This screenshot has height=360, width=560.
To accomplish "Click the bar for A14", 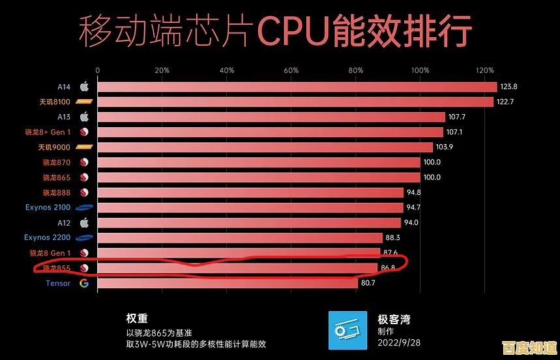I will click(297, 87).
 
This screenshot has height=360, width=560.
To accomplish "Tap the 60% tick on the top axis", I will click(291, 70).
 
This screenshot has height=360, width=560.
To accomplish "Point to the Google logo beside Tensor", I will click(83, 283).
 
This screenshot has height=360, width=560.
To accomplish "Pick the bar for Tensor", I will click(228, 283).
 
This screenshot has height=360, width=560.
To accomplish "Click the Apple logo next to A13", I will click(83, 117).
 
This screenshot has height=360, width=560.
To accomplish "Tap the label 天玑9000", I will click(53, 147).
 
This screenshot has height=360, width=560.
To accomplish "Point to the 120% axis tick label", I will click(484, 70).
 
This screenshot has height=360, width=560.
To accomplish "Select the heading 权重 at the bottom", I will click(137, 319).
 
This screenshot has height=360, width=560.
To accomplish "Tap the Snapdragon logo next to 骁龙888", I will click(83, 192).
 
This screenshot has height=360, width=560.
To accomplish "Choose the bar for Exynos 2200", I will click(240, 237).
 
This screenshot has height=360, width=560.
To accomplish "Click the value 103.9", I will click(445, 147).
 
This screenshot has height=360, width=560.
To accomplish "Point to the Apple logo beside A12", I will click(83, 222).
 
